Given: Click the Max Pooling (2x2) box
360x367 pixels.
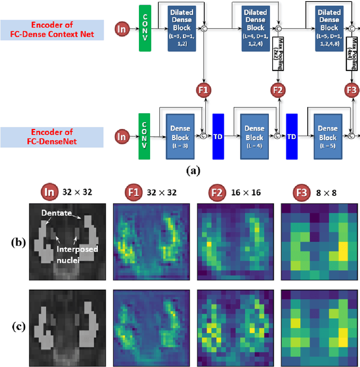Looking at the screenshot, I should [277, 55].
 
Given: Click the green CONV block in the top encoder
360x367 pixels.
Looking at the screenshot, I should [145, 28].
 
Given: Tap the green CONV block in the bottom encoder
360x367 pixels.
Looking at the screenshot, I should [145, 137].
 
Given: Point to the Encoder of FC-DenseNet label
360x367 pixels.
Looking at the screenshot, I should [52, 137].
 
